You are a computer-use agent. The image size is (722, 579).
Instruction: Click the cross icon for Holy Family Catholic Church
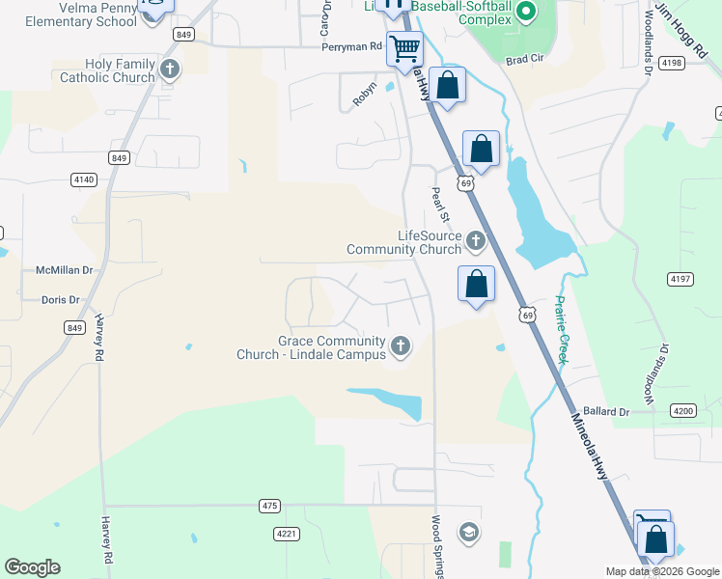click(x=170, y=69)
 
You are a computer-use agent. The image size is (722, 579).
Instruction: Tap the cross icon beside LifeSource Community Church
click(x=475, y=239)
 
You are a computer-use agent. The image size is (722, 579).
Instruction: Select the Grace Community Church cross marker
click(x=400, y=345)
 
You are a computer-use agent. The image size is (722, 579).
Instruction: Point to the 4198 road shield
click(x=672, y=63)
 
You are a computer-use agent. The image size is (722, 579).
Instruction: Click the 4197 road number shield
click(x=680, y=279)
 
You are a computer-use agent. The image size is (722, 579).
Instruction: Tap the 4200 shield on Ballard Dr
click(x=682, y=411)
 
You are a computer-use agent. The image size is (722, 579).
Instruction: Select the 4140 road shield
click(x=84, y=179)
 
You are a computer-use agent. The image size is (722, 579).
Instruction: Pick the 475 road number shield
click(x=269, y=506)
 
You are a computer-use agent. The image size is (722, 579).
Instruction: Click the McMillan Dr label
click(x=64, y=272)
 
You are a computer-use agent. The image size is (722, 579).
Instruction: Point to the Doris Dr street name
click(x=61, y=300)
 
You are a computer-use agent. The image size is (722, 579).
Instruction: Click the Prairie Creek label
click(x=562, y=329)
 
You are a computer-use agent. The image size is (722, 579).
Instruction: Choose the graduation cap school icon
click(x=468, y=533)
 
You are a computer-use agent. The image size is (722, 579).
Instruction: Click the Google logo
click(x=32, y=567)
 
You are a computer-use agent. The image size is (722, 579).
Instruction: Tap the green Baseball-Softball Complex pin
click(x=526, y=13)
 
